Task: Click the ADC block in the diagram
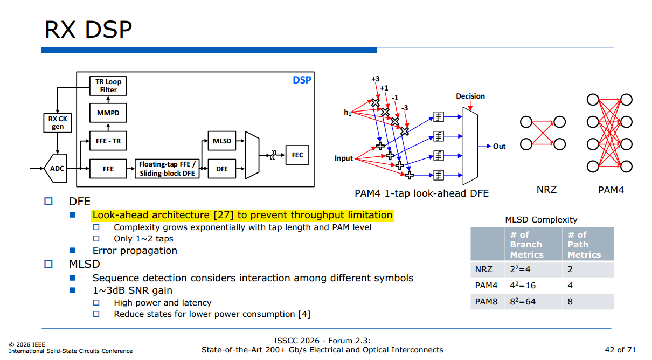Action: (56, 169)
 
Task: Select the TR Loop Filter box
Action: (108, 86)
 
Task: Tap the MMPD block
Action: (108, 113)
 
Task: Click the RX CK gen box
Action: (57, 123)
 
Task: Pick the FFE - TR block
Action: (108, 141)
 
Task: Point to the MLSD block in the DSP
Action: (222, 141)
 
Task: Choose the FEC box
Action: (297, 155)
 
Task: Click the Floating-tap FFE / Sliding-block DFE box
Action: (167, 169)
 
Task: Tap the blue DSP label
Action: (302, 80)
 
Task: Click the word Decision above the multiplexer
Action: (470, 96)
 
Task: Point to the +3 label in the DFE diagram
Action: (376, 79)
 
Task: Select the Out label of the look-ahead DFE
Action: (499, 146)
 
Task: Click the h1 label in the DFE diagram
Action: (348, 113)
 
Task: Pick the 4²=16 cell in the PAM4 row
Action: (523, 285)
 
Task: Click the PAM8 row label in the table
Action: (486, 301)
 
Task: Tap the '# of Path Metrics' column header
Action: (584, 245)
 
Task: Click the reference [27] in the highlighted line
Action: (224, 215)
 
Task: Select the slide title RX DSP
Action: (88, 30)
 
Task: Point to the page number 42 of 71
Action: (620, 350)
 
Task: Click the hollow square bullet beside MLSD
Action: (48, 264)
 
